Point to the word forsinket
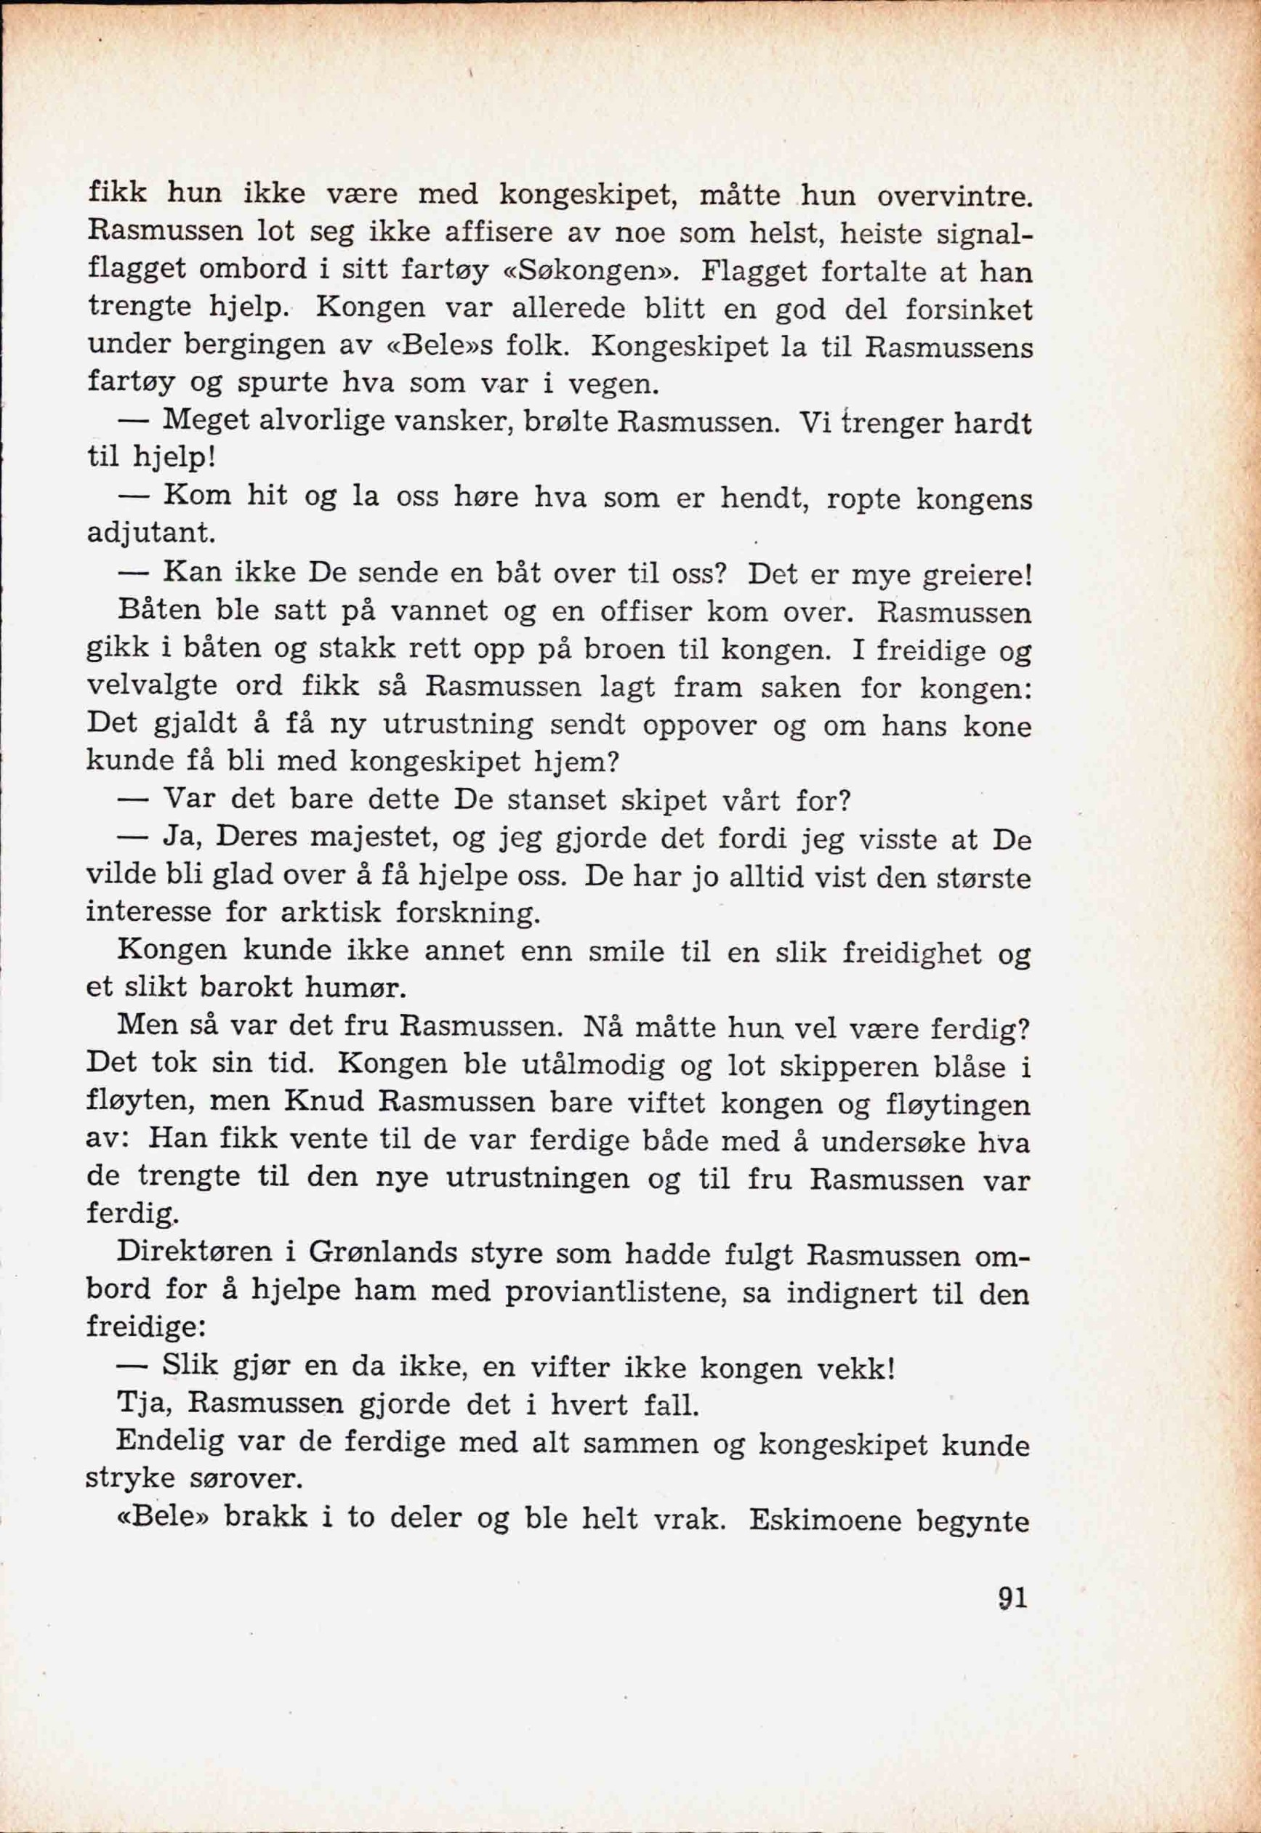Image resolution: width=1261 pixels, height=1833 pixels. point(968,309)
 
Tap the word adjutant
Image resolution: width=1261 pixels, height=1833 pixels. point(150,534)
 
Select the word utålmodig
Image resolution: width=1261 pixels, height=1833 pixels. point(593,1068)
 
